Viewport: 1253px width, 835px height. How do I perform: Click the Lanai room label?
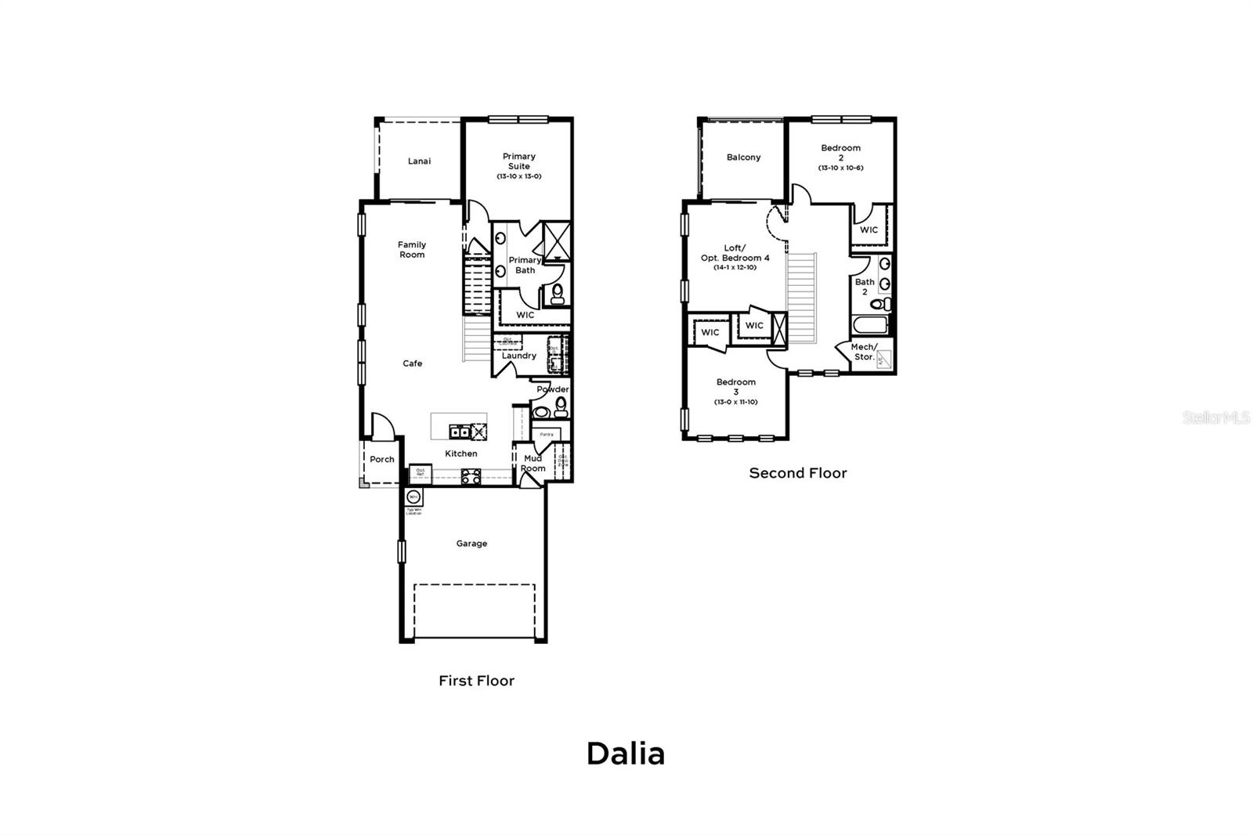click(419, 161)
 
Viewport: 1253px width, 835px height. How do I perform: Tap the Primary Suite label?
click(518, 161)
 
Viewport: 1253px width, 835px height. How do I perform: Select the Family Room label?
click(412, 249)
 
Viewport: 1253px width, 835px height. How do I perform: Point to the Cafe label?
click(413, 363)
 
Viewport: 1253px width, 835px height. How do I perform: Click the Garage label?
click(471, 544)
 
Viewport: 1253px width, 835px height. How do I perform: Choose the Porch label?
click(382, 460)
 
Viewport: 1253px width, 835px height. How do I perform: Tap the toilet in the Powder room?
click(561, 407)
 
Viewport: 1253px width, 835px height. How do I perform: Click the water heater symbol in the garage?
click(413, 497)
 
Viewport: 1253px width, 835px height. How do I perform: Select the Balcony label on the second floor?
click(743, 157)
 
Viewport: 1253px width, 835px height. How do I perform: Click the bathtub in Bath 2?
click(869, 326)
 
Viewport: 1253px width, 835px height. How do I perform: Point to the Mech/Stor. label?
click(864, 352)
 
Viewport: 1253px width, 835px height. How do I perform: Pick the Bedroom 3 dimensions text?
click(735, 402)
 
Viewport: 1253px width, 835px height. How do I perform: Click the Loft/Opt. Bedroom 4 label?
click(735, 253)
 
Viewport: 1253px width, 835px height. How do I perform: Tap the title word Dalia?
click(626, 754)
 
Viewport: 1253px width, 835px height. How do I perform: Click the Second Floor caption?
click(798, 473)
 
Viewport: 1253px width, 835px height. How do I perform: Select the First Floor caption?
click(476, 681)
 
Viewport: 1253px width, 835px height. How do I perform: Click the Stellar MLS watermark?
click(1215, 417)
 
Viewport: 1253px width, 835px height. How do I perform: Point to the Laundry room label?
click(518, 356)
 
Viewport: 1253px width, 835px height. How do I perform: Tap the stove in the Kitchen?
click(471, 475)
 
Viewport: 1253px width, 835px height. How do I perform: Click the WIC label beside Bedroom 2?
click(868, 230)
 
